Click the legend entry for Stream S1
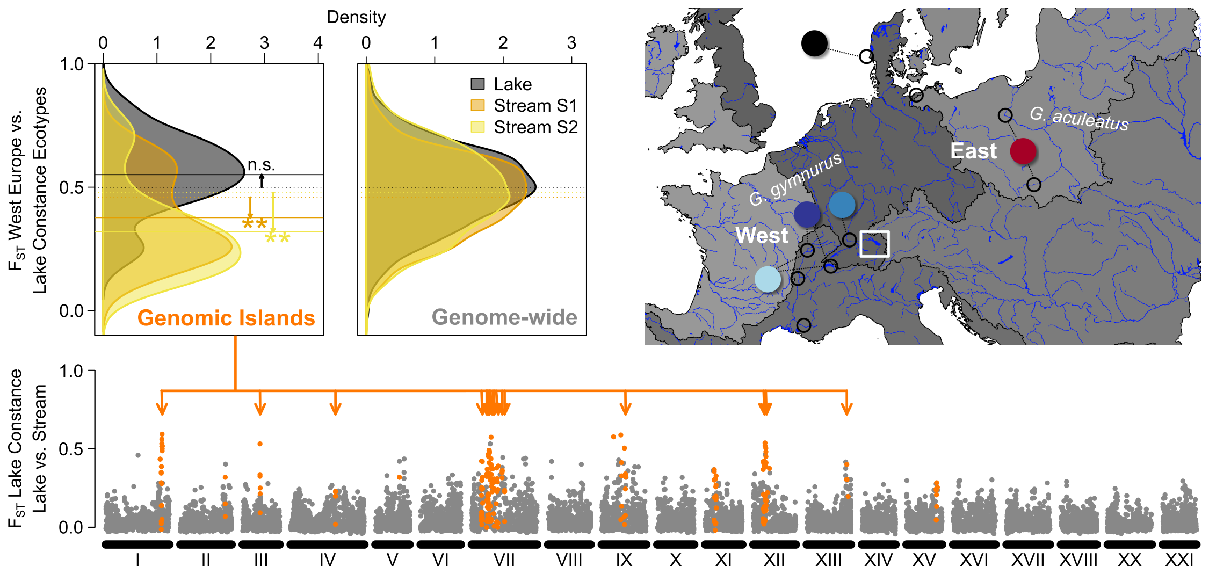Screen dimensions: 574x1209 tap(535, 106)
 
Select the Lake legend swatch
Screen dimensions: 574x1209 tap(477, 84)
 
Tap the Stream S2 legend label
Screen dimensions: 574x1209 tap(535, 127)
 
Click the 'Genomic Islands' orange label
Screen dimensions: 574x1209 tap(226, 318)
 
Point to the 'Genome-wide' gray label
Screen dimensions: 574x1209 tap(504, 317)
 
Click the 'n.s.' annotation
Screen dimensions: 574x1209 tap(261, 165)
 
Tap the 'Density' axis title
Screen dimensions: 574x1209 tap(356, 17)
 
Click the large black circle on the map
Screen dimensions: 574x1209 tap(814, 43)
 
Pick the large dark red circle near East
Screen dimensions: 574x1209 tap(1023, 151)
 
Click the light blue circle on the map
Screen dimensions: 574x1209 tap(768, 279)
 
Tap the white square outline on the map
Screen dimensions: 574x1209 tap(874, 244)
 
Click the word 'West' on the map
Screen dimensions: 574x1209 tap(762, 235)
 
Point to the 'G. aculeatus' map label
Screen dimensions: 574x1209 tap(1079, 119)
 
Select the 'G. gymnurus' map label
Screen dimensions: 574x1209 tap(795, 180)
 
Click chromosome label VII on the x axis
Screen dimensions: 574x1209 tap(504, 561)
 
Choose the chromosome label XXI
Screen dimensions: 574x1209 tap(1179, 561)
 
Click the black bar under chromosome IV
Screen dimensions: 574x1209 tap(327, 544)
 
